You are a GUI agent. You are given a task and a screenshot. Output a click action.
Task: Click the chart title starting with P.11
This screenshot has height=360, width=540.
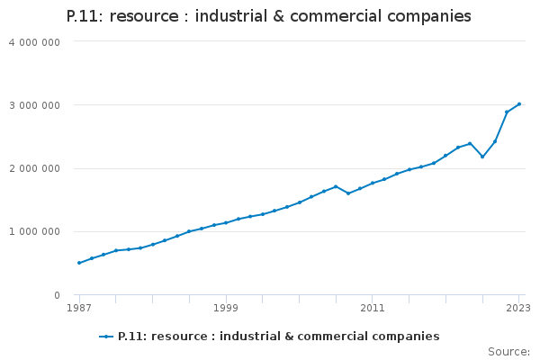[x=268, y=16]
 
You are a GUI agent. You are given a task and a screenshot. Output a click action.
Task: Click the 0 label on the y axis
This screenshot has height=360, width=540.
[x=56, y=295]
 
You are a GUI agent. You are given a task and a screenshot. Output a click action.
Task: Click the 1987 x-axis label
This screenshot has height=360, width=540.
[x=79, y=308]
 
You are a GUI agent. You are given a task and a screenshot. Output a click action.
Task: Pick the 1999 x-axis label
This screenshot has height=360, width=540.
[x=226, y=308]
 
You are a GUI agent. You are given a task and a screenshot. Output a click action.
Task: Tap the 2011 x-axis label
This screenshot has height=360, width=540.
[x=373, y=308]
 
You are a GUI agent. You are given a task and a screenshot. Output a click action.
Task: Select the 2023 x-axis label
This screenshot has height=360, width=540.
[x=518, y=308]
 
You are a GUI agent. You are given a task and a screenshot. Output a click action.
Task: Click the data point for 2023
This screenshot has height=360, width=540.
[x=519, y=104]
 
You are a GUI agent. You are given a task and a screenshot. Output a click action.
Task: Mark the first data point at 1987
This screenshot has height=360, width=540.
[x=79, y=263]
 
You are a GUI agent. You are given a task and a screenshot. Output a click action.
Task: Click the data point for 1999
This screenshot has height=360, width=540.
[x=226, y=222]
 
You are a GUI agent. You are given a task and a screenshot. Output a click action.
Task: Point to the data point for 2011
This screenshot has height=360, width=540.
[x=373, y=183]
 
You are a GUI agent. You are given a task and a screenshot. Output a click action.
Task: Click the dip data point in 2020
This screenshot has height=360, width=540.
[x=482, y=157]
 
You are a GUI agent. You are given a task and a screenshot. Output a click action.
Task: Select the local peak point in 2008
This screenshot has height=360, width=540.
[x=336, y=186]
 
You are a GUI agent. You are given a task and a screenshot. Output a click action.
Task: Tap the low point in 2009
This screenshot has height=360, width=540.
[x=348, y=193]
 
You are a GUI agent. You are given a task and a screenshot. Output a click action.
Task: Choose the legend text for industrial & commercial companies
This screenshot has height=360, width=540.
[x=278, y=337]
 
